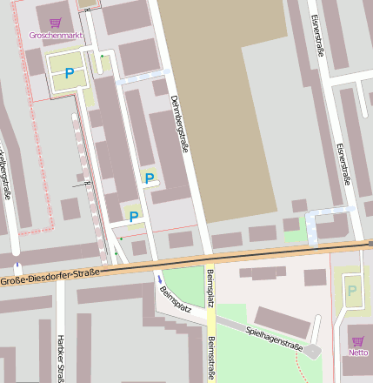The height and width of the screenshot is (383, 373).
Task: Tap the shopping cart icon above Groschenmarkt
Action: point(56,23)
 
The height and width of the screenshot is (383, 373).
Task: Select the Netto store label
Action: point(357,353)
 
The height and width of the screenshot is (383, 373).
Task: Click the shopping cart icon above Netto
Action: point(357,340)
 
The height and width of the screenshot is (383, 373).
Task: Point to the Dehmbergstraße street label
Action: point(179,124)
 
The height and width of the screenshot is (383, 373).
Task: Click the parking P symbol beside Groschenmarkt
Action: point(69,74)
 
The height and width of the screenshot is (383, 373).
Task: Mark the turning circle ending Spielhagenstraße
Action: point(313,350)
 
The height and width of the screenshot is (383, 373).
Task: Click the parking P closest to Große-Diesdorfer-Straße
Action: point(133,217)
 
